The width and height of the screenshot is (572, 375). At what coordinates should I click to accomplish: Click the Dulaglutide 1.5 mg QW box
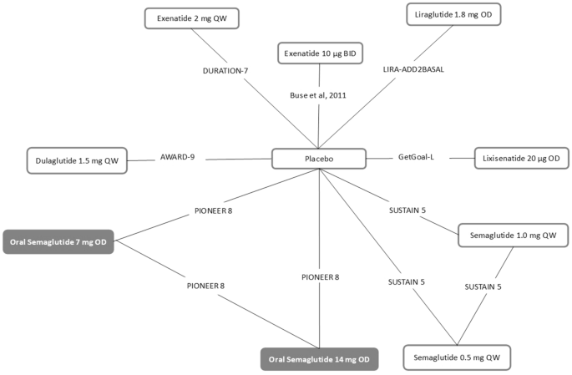(x=76, y=160)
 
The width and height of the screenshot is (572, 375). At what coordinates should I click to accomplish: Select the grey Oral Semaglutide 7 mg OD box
(x=58, y=241)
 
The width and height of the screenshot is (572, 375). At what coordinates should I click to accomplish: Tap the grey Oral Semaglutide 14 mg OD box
(x=319, y=360)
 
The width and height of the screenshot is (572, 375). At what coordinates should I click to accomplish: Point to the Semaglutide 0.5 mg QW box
(x=456, y=357)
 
